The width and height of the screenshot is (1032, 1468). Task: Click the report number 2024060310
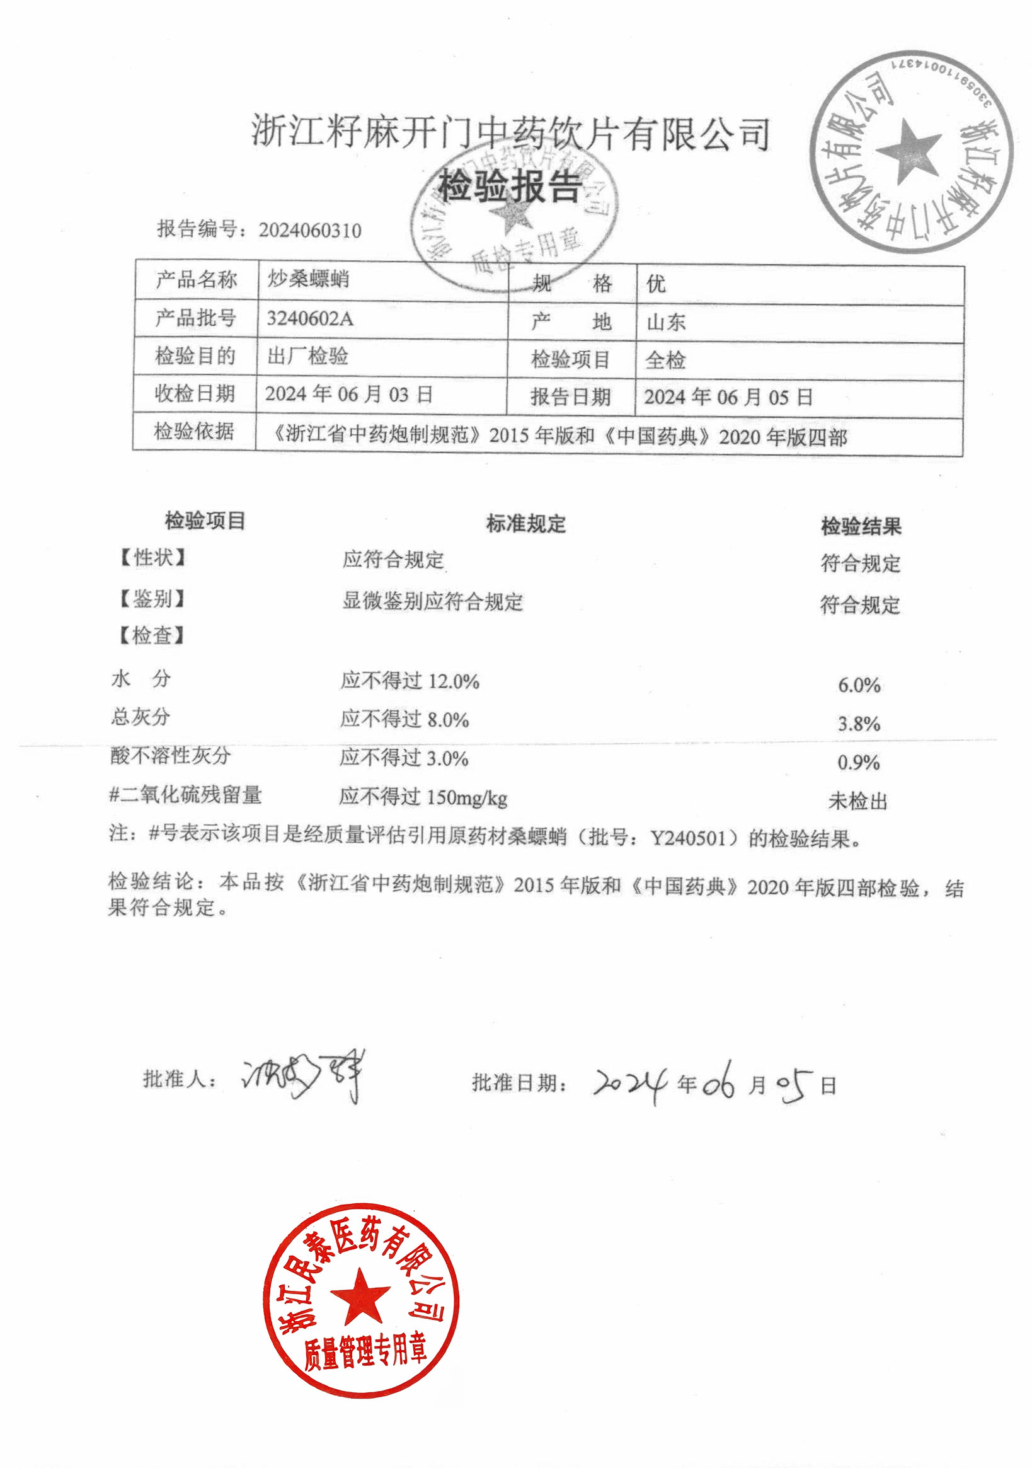tap(310, 230)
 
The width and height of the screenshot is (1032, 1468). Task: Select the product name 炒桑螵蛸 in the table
tap(308, 279)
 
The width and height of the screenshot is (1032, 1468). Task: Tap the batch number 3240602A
tap(310, 318)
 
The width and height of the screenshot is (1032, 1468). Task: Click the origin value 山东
tap(666, 322)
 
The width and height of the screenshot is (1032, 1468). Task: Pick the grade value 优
tap(656, 283)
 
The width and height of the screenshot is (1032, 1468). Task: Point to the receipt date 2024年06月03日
tap(349, 394)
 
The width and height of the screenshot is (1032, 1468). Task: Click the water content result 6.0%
tap(859, 685)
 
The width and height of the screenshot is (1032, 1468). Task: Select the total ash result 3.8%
tap(859, 724)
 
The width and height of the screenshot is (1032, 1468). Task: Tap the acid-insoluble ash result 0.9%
tap(858, 762)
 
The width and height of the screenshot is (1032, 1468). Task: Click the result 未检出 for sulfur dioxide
tap(857, 801)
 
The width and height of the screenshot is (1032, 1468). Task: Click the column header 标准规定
tap(526, 524)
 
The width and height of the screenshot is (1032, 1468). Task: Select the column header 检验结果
tap(861, 526)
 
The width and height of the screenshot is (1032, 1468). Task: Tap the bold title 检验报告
tap(509, 187)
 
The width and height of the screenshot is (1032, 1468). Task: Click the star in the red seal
tap(360, 1297)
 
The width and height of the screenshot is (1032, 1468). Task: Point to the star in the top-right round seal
tap(908, 151)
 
